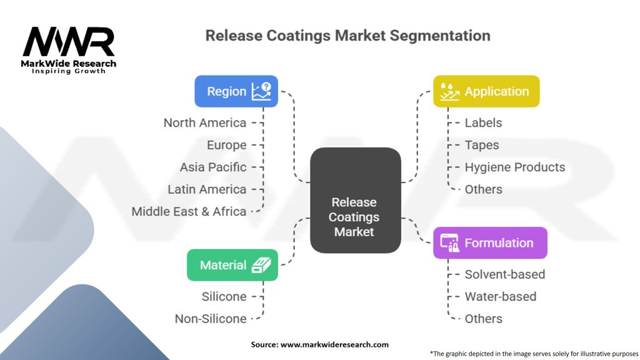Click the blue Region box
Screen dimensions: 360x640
[236, 91]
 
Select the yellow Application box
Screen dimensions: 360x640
[486, 91]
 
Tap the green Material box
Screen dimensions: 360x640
[232, 265]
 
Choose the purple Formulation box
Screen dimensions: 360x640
[489, 243]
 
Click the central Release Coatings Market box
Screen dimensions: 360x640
[355, 217]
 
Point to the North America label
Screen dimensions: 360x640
[205, 122]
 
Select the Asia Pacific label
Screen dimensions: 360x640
[213, 167]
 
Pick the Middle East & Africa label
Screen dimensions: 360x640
[189, 211]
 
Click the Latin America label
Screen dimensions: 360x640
[207, 189]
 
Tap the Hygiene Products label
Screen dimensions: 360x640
[514, 167]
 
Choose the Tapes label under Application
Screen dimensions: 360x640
[481, 145]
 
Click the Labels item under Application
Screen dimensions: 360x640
[483, 122]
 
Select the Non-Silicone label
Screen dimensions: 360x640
[211, 319]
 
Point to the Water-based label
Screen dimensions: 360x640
[500, 296]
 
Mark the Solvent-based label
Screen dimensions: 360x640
[504, 274]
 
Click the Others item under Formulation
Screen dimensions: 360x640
[483, 319]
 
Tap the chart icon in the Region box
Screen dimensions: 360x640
[261, 91]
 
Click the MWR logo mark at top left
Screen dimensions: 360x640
[69, 42]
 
